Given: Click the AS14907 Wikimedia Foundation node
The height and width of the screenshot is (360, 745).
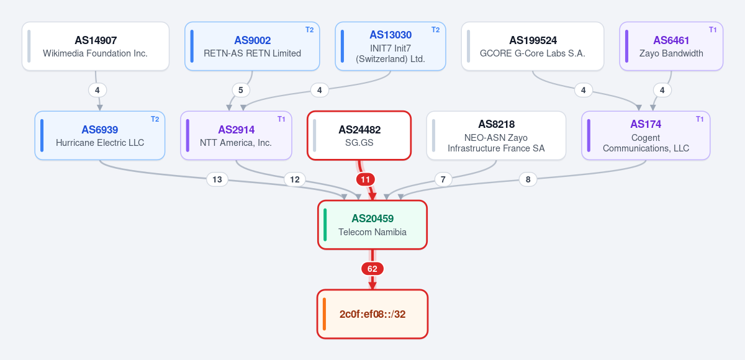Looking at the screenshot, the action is [96, 46].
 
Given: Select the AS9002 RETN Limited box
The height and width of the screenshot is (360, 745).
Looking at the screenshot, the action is [252, 46].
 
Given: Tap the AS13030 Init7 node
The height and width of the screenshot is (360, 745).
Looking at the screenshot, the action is [391, 46].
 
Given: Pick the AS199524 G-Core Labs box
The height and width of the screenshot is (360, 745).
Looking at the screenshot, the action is [533, 46].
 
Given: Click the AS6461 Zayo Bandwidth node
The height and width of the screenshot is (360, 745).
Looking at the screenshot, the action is [671, 46].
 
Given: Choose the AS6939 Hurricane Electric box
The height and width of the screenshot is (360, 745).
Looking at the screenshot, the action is [100, 136].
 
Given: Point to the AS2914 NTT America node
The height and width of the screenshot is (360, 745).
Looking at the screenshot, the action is [236, 136].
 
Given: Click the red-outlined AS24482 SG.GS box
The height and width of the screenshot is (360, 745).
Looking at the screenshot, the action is [359, 136].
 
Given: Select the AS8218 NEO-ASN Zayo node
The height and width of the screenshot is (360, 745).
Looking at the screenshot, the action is [496, 136].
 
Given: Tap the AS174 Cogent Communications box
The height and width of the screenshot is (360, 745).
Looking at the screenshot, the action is [646, 136].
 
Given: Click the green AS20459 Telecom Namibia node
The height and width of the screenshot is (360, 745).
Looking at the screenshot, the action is [372, 225].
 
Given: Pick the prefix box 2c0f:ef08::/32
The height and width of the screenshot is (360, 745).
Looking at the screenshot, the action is [372, 314].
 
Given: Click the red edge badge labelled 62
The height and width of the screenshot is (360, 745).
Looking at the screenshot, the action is [372, 269].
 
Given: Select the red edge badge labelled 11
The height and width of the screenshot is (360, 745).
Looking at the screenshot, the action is [366, 179].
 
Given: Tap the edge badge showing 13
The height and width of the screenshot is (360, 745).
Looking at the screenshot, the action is [217, 179].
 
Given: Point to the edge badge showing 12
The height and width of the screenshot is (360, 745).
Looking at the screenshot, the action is [295, 179].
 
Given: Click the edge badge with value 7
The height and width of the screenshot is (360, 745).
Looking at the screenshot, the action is [443, 179].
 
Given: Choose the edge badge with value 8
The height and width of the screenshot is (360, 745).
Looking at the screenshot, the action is [528, 179].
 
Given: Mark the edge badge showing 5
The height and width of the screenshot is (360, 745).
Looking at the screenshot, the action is [241, 90].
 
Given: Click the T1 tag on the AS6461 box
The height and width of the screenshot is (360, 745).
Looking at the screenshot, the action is [713, 30].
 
